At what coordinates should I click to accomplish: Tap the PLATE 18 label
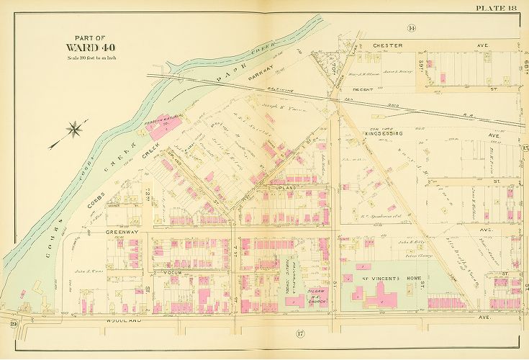pos(497,8)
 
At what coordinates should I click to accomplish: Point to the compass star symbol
pos(74,130)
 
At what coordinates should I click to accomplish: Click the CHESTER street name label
pos(387,45)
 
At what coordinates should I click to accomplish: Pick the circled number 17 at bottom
pos(299,333)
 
